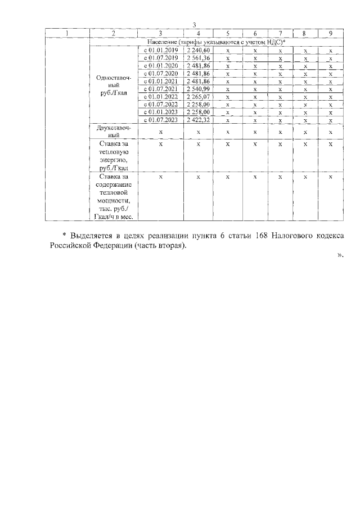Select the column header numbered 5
click(228, 33)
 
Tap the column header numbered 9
click(331, 33)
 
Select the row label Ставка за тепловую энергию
click(114, 155)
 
